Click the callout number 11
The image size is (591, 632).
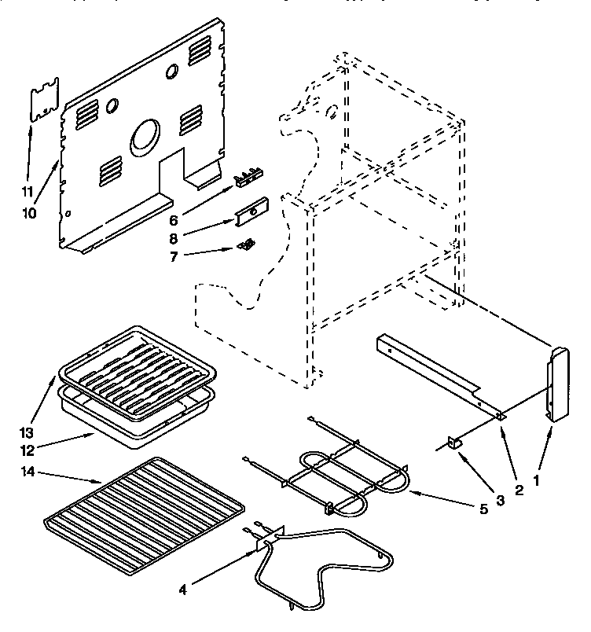pyautogui.click(x=28, y=191)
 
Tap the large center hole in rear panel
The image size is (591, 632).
pyautogui.click(x=143, y=137)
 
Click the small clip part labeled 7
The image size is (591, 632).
pyautogui.click(x=247, y=244)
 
